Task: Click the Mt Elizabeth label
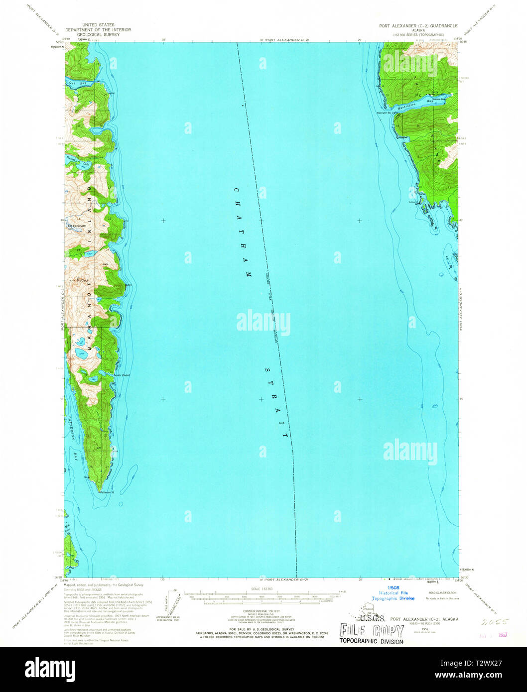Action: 77,226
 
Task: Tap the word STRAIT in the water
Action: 276,403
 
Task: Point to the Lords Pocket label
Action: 122,375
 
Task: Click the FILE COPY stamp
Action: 371,630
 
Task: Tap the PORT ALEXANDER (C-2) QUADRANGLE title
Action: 424,25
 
